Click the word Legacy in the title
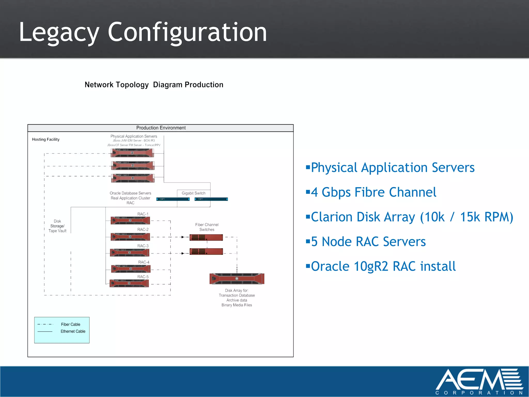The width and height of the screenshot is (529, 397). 59,32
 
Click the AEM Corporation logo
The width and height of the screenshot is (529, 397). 479,381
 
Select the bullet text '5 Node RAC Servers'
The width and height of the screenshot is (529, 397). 368,242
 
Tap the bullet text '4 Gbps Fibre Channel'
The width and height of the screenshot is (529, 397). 373,192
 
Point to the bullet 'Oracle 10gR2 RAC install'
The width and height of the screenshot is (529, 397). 383,266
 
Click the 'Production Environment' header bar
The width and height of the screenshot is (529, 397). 161,128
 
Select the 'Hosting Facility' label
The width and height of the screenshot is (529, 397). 46,139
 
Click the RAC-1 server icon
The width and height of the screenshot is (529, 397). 130,220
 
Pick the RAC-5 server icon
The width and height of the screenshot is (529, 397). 129,283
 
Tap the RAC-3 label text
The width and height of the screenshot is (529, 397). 143,246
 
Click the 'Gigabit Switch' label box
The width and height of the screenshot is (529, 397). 193,193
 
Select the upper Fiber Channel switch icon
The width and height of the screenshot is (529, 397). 206,237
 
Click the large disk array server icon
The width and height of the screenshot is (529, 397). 237,279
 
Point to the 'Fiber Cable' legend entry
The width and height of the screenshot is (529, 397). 70,324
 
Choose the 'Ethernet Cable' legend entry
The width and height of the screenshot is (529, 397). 73,331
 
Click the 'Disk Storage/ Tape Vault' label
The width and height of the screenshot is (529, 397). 57,226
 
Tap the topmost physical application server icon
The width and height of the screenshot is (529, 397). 132,153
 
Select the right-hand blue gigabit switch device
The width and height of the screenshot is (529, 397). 211,199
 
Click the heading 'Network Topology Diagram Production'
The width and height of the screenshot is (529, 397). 154,85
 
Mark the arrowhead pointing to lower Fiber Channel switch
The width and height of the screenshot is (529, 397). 183,253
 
